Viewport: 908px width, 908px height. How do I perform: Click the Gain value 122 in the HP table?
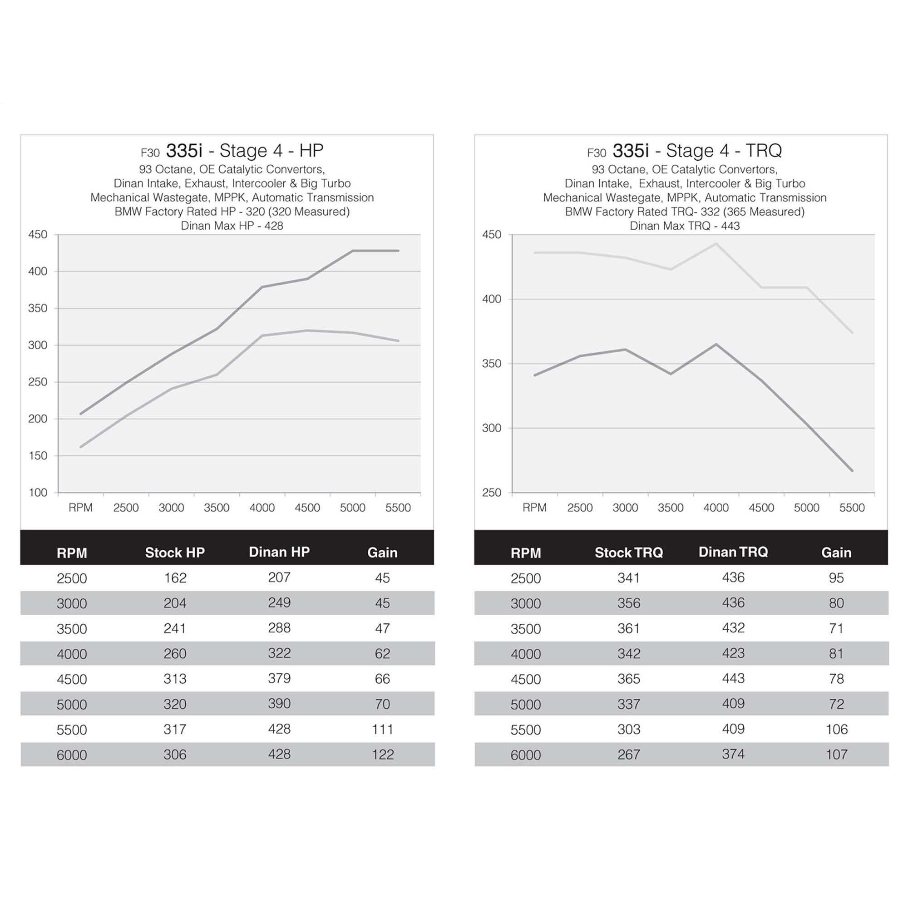[382, 754]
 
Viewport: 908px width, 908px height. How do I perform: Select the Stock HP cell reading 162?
[175, 577]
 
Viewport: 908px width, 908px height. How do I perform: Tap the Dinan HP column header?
[279, 552]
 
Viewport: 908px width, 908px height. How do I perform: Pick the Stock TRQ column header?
[628, 552]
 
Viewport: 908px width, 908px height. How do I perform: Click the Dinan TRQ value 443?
[733, 678]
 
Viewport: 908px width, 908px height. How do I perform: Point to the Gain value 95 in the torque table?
[836, 577]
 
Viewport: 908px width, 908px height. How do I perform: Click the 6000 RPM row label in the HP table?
[71, 755]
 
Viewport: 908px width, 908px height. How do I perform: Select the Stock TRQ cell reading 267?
[628, 754]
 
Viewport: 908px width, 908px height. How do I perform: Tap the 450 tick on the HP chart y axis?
[38, 235]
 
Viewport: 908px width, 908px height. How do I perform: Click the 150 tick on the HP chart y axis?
[38, 456]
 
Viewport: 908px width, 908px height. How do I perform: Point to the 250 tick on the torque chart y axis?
[492, 493]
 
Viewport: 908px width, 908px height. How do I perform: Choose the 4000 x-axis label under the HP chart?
[262, 508]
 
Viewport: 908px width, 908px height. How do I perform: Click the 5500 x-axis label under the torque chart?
[852, 508]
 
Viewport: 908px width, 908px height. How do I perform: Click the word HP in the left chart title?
[311, 150]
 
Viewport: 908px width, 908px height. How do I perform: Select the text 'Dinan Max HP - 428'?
[232, 226]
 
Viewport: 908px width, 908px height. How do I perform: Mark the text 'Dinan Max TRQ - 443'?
[684, 226]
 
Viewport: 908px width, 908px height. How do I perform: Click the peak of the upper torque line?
[716, 243]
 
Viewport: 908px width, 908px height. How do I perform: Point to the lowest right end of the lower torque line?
[852, 470]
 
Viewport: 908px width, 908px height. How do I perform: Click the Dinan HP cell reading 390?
[279, 704]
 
